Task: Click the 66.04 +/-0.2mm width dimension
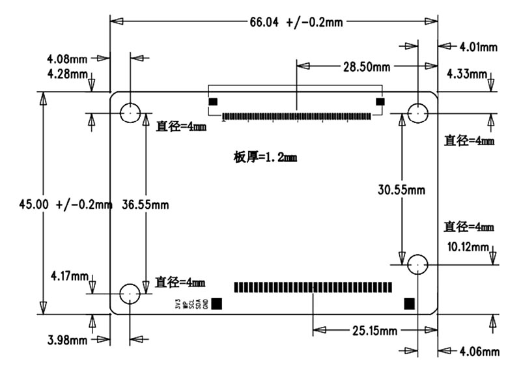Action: click(296, 21)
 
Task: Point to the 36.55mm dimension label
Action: click(145, 204)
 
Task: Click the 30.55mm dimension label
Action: click(401, 189)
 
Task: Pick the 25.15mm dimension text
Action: click(374, 331)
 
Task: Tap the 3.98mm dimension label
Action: click(67, 340)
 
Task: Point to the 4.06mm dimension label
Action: click(479, 352)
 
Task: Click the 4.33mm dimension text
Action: click(466, 74)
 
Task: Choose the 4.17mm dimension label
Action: click(69, 276)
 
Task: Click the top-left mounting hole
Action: click(131, 113)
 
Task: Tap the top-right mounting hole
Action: click(418, 113)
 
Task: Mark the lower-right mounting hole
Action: click(418, 264)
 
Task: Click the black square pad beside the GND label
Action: click(217, 303)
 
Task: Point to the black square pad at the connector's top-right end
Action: click(380, 102)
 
